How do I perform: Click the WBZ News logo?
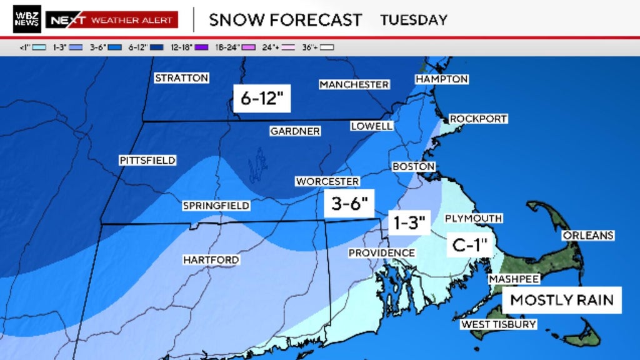click(x=27, y=19)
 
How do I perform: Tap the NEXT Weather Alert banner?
click(x=112, y=20)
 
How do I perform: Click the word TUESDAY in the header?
click(x=414, y=20)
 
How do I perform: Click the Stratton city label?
click(x=181, y=78)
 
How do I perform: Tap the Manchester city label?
click(x=354, y=84)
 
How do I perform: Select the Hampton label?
click(x=442, y=79)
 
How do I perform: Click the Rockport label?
click(x=478, y=119)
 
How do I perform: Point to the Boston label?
click(x=413, y=167)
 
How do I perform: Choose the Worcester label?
click(x=327, y=181)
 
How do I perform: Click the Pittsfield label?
click(x=147, y=161)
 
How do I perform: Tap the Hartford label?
click(x=211, y=259)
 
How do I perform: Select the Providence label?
click(x=381, y=252)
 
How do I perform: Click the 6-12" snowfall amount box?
click(x=262, y=98)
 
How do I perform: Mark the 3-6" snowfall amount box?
click(x=349, y=204)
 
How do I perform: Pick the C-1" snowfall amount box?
click(x=469, y=244)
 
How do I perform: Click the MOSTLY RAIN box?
click(x=562, y=300)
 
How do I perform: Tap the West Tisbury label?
click(x=498, y=324)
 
